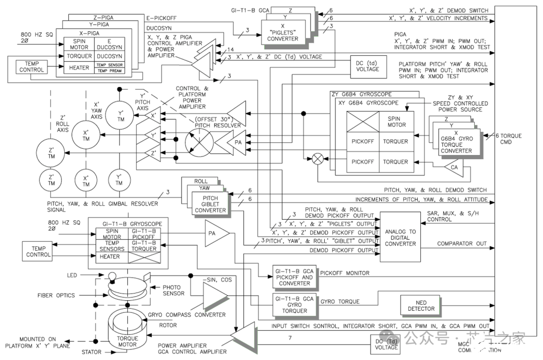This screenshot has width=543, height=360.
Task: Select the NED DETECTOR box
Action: coord(420,306)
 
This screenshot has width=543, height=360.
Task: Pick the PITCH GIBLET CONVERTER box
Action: coord(211,204)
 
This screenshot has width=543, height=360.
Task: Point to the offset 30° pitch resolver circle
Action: coord(200,142)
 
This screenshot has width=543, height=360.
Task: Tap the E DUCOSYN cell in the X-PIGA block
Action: coord(110,44)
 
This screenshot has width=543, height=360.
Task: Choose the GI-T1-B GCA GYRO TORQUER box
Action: coord(294,304)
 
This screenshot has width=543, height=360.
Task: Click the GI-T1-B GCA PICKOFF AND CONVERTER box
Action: coord(294,277)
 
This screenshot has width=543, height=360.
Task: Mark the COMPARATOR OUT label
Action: coord(462,244)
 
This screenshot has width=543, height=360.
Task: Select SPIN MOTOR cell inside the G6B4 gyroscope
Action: coord(396,121)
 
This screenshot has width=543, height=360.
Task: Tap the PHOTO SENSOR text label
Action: coord(173,290)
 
